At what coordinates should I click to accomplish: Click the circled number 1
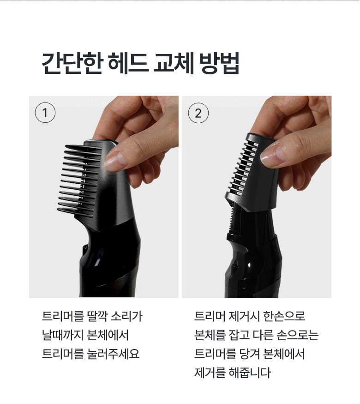pyautogui.click(x=45, y=113)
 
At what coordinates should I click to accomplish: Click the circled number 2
pyautogui.click(x=198, y=113)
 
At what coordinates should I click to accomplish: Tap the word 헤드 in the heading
pyautogui.click(x=128, y=63)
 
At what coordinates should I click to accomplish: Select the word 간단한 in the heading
pyautogui.click(x=72, y=63)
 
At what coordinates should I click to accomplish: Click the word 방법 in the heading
pyautogui.click(x=219, y=63)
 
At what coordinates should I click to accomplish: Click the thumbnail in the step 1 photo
pyautogui.click(x=115, y=160)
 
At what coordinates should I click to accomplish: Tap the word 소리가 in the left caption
pyautogui.click(x=126, y=316)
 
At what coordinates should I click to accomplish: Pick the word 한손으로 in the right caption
pyautogui.click(x=284, y=316)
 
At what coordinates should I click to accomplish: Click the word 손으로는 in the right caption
pyautogui.click(x=298, y=335)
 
